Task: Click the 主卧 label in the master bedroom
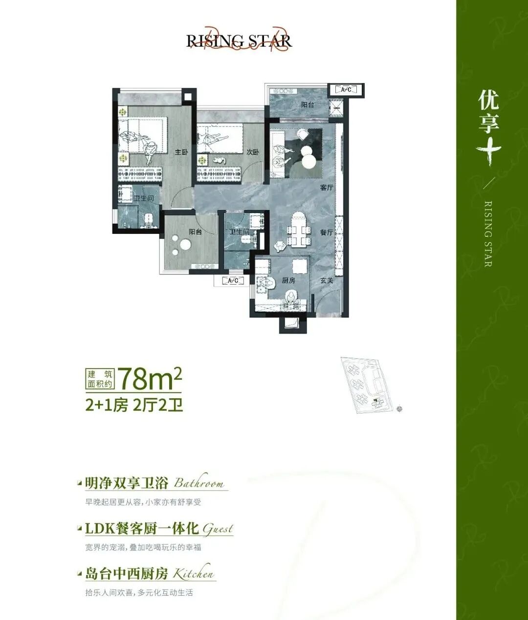(x=181, y=152)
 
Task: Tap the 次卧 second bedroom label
(x=253, y=152)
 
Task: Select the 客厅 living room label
(x=327, y=187)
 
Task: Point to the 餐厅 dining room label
(x=327, y=232)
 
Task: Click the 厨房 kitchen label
(x=288, y=281)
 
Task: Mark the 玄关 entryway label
(x=327, y=281)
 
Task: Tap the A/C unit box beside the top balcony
(x=346, y=90)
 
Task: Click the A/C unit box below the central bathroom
(x=233, y=281)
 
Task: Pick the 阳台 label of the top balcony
(x=308, y=105)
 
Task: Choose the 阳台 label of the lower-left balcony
(x=196, y=232)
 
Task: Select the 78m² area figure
(x=150, y=378)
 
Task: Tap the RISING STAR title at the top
(x=239, y=41)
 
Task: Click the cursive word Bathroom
(x=199, y=483)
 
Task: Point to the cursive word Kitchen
(x=194, y=573)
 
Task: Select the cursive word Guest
(x=218, y=529)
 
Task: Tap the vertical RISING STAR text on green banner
(x=488, y=234)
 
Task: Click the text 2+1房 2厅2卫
(x=134, y=405)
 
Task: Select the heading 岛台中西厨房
(x=127, y=574)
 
